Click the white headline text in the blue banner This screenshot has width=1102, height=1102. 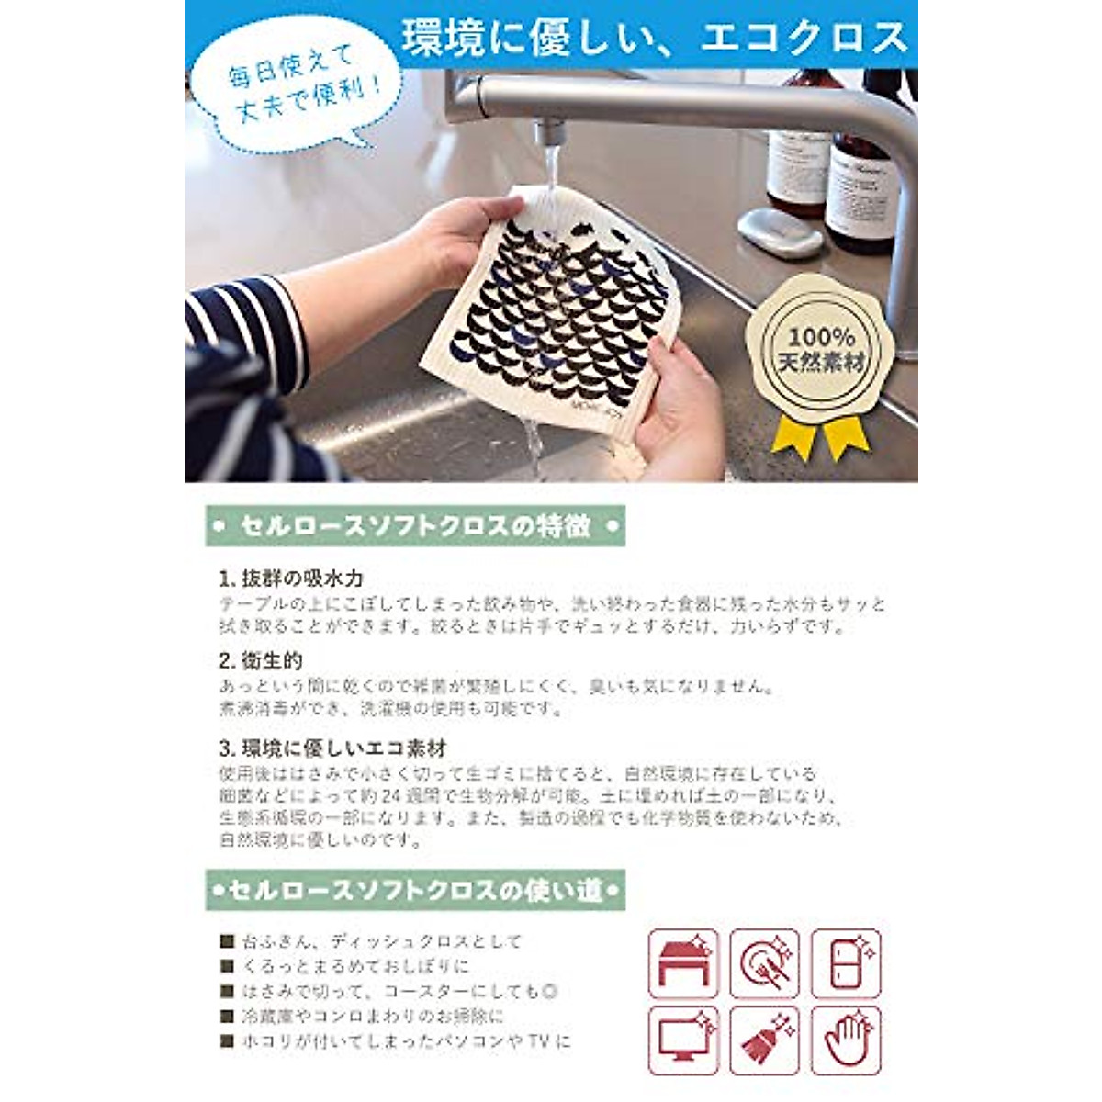pos(655,38)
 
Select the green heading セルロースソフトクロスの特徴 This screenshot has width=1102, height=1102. pos(414,527)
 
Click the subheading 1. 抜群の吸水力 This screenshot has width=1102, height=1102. pos(291,579)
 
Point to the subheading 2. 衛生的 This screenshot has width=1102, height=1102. pos(261,660)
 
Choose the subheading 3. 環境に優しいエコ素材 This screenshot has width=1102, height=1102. pos(332,748)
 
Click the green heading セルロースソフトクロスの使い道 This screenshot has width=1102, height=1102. pos(414,890)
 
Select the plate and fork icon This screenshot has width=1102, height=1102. pos(765,963)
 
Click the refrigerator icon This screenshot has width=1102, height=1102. pos(846,963)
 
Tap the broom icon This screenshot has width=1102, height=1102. pos(765,1040)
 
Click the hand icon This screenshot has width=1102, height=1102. pos(846,1040)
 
